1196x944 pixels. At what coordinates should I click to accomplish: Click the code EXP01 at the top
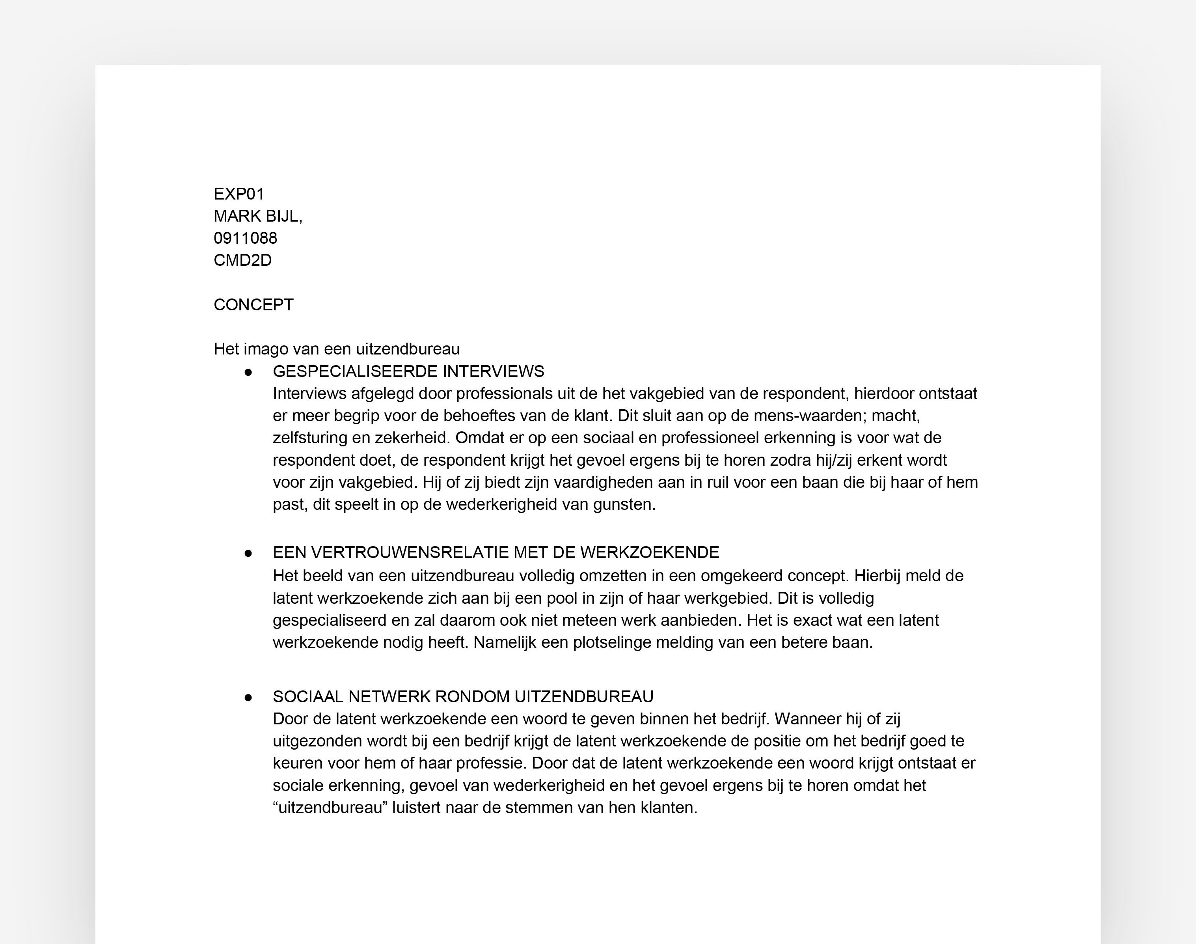point(238,194)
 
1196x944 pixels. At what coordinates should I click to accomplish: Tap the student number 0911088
point(245,238)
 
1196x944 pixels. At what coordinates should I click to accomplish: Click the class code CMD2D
point(242,260)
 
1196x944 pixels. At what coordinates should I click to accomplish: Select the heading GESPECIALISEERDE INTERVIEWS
point(408,371)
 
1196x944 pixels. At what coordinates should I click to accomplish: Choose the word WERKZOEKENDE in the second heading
point(650,553)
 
